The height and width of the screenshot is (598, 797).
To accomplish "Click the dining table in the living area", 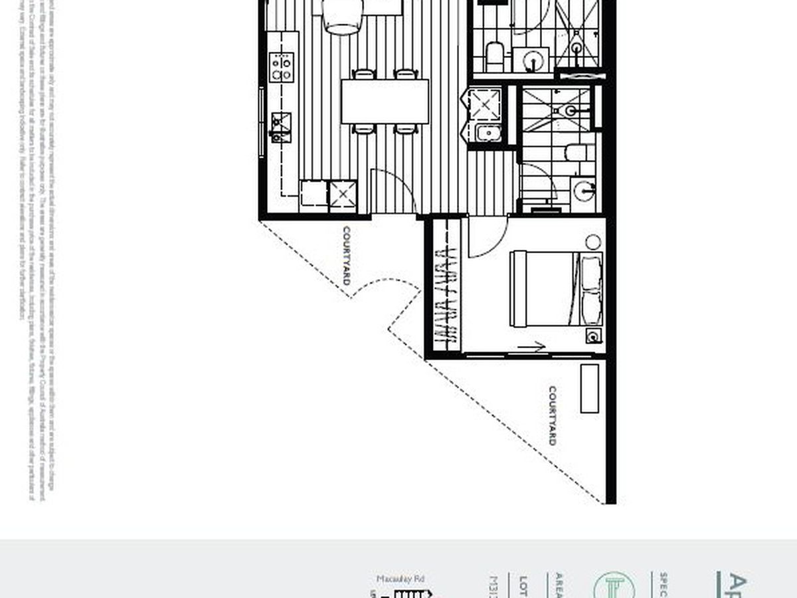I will click(385, 101).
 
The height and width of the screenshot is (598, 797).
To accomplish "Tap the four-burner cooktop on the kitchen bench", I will click(281, 67).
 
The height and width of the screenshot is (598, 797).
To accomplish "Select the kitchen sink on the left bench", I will click(280, 125).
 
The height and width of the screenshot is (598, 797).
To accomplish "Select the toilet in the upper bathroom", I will click(495, 56).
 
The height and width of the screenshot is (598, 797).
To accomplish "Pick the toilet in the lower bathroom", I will click(575, 153).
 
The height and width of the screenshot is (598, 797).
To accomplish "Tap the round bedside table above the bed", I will click(593, 242).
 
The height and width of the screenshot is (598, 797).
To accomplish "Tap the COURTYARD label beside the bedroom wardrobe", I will click(346, 256).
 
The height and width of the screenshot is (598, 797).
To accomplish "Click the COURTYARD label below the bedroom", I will click(553, 416).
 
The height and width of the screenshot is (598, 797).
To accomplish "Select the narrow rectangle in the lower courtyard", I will click(589, 388).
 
